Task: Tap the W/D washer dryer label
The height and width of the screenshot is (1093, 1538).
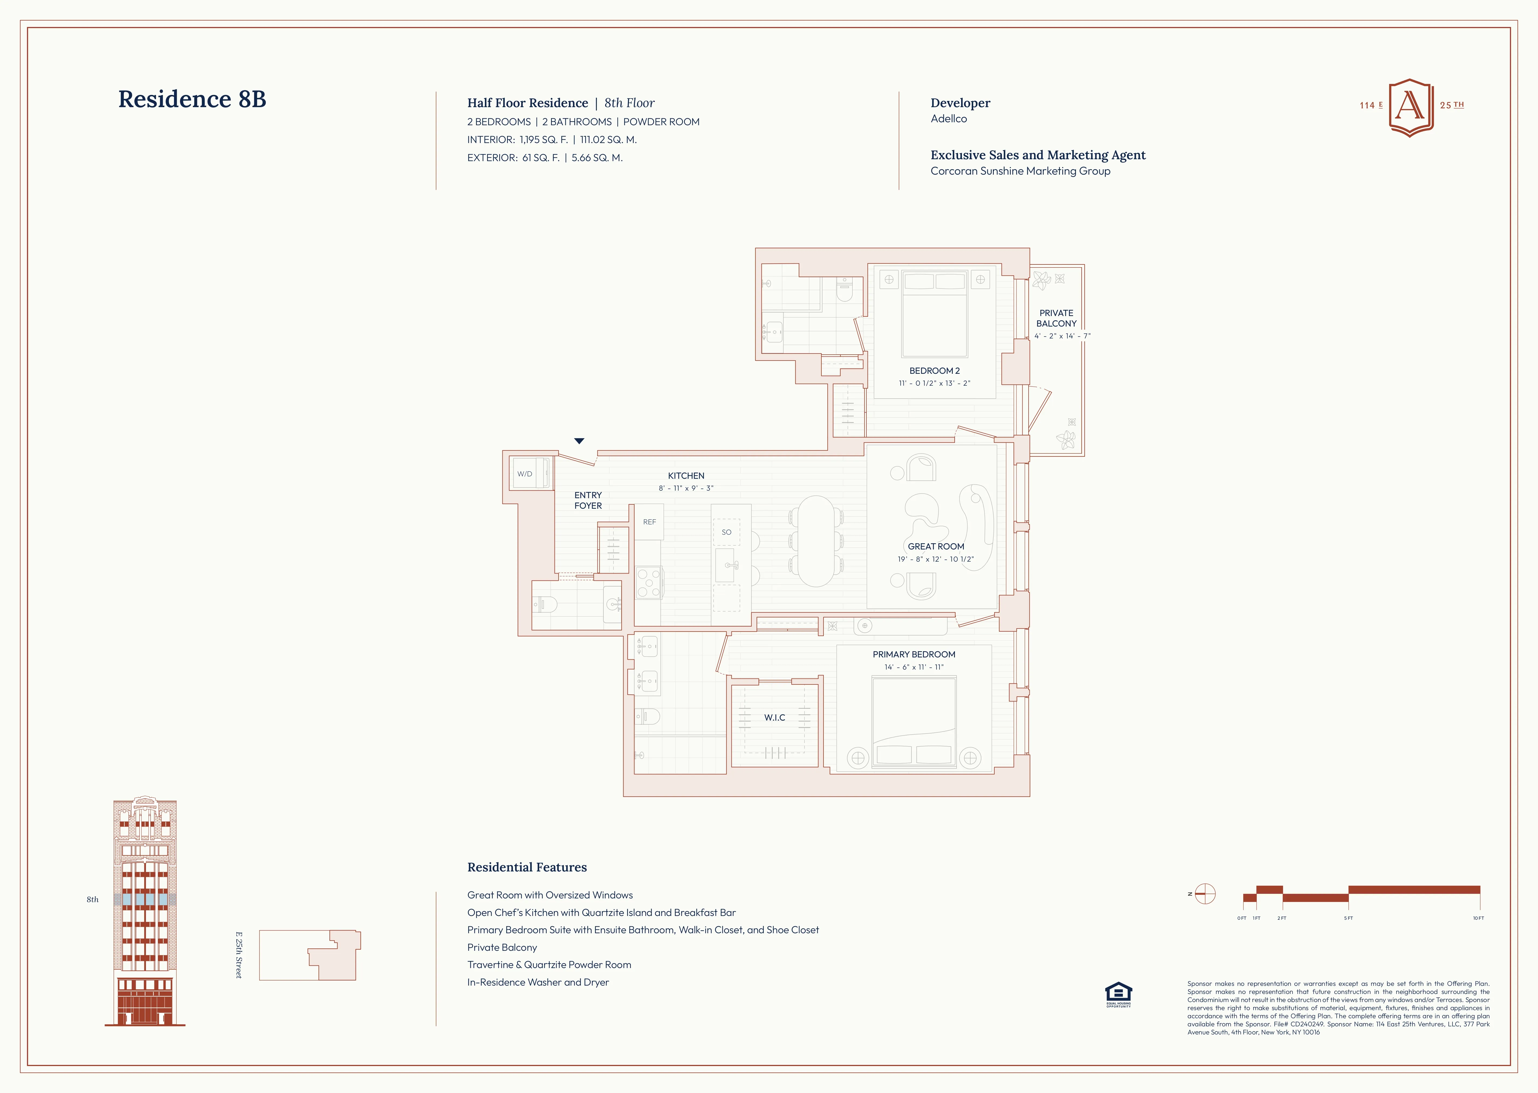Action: tap(525, 474)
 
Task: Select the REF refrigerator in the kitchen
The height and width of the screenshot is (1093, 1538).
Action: tap(649, 522)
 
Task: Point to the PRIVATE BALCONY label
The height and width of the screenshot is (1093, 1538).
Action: tap(1056, 318)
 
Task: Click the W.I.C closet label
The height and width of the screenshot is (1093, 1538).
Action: tap(774, 717)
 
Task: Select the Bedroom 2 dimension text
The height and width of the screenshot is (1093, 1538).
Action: tap(934, 383)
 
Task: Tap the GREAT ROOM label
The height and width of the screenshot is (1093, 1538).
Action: tap(936, 546)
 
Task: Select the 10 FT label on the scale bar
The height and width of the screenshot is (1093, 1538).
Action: tap(1478, 918)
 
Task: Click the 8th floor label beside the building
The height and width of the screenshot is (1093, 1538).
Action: tap(92, 899)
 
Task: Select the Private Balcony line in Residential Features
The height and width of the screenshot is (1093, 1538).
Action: tap(502, 947)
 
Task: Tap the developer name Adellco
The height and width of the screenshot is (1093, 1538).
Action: tap(949, 118)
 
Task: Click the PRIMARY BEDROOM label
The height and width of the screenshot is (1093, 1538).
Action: tap(914, 654)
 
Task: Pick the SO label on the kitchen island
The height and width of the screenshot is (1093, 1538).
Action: tap(726, 532)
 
